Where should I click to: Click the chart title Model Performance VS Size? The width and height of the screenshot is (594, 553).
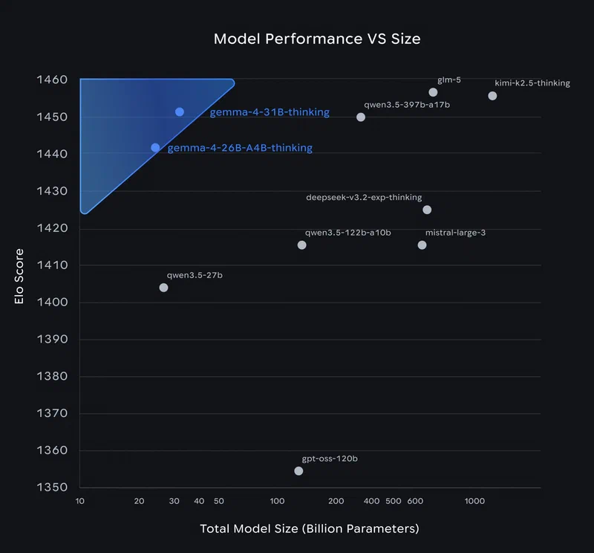[317, 39]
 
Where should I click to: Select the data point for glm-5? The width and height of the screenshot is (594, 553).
[433, 92]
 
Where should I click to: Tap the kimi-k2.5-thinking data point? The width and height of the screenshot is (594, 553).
[492, 96]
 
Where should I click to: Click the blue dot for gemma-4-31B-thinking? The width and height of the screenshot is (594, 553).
[180, 111]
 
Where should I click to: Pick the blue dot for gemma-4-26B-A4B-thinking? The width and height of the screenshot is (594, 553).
[155, 148]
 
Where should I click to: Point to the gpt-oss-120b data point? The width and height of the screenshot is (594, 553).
[298, 470]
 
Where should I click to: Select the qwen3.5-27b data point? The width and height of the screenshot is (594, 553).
[163, 288]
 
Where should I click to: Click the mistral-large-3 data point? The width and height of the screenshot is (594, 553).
[422, 245]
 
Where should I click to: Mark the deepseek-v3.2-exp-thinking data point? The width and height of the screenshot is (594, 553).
[427, 210]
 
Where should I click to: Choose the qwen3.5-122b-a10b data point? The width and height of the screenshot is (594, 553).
[301, 245]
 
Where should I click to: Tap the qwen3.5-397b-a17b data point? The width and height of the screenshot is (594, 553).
[361, 117]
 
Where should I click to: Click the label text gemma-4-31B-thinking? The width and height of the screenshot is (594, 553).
[269, 112]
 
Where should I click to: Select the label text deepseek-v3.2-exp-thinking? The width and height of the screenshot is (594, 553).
[364, 198]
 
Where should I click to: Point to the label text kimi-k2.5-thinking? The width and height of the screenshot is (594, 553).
[532, 83]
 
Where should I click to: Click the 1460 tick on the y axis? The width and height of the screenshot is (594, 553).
[53, 80]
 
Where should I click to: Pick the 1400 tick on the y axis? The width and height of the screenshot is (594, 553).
[53, 303]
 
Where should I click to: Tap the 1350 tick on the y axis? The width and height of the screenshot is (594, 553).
[53, 488]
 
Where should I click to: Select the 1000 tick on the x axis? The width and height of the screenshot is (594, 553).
[474, 501]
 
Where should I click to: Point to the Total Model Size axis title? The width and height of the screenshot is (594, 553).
[310, 529]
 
